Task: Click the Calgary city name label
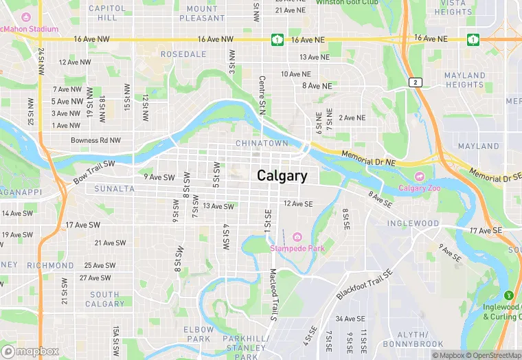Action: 282,176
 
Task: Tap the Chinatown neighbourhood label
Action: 262,143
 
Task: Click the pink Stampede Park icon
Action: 297,237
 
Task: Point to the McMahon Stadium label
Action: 29,30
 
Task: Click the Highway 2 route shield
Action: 414,82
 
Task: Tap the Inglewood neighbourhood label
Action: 413,223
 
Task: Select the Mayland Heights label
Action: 464,80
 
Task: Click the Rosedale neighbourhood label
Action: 183,54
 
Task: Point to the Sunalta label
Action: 115,188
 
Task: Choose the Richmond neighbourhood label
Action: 50,265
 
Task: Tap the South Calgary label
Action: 106,299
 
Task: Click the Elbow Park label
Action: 198,334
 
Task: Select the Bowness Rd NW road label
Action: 95,140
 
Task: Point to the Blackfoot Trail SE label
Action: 364,284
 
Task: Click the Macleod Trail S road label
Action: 273,295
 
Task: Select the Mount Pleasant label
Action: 202,12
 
